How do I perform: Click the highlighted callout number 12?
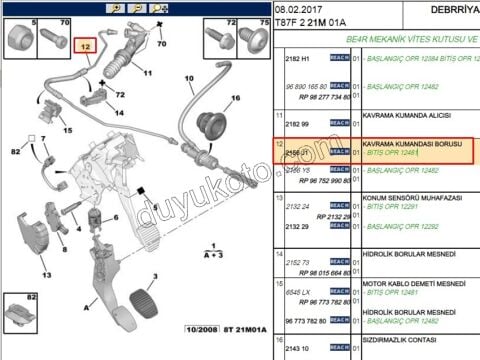tap(85, 46)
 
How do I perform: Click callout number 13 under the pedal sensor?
tap(46, 274)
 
